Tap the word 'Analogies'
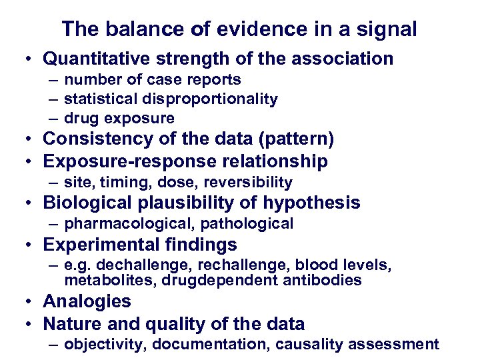pyautogui.click(x=87, y=301)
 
